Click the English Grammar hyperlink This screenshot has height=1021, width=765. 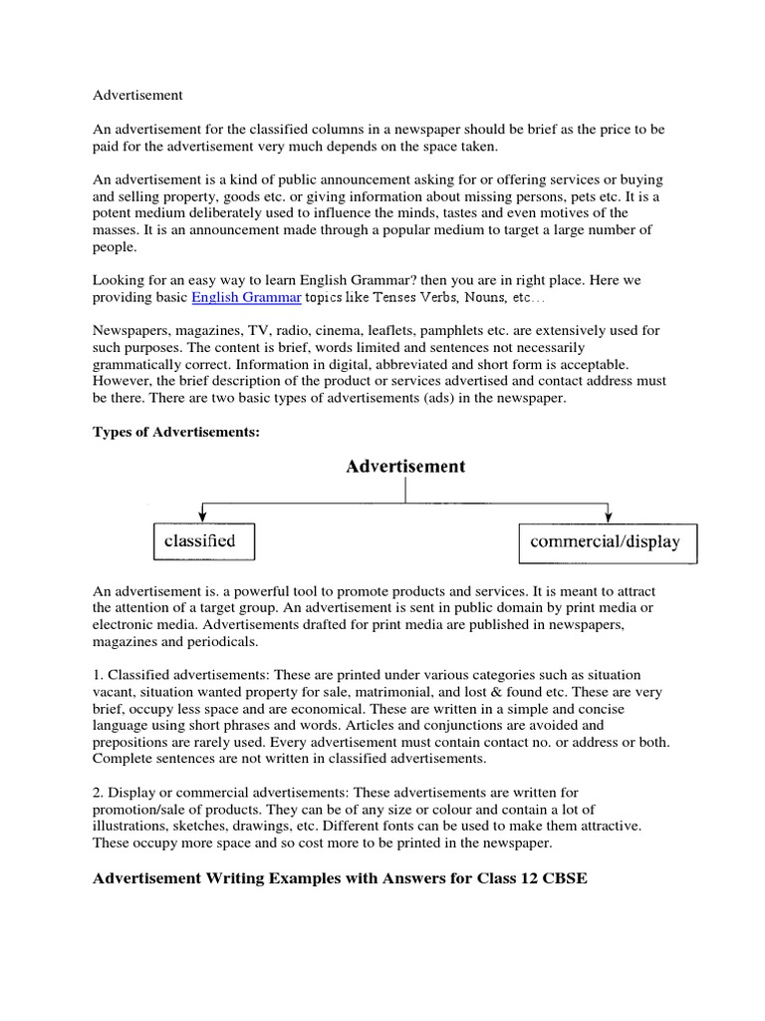pyautogui.click(x=246, y=298)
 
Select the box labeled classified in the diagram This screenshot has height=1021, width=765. pyautogui.click(x=202, y=541)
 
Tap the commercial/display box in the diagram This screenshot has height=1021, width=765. pyautogui.click(x=608, y=542)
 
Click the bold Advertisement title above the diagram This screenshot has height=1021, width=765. pyautogui.click(x=405, y=466)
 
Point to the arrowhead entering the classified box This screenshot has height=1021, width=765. pyautogui.click(x=202, y=516)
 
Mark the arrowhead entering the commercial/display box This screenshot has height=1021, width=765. pyautogui.click(x=608, y=516)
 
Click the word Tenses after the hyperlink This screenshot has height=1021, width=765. pyautogui.click(x=379, y=298)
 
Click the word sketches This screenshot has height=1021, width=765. pyautogui.click(x=210, y=827)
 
